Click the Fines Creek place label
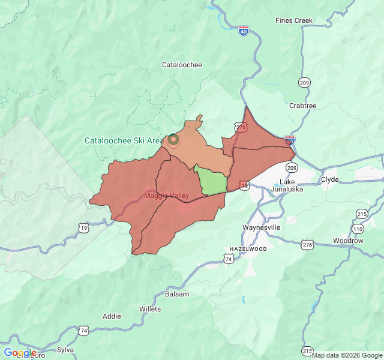pyautogui.click(x=294, y=20)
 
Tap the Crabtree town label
pyautogui.click(x=302, y=106)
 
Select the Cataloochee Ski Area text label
pyautogui.click(x=123, y=141)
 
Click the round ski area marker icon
pyautogui.click(x=173, y=140)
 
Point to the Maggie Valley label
pyautogui.click(x=166, y=196)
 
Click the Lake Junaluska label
pyautogui.click(x=287, y=185)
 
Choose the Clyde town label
pyautogui.click(x=329, y=179)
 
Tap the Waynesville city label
pyautogui.click(x=261, y=228)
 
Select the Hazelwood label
pyautogui.click(x=248, y=248)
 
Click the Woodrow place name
pyautogui.click(x=348, y=241)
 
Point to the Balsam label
pyautogui.click(x=177, y=294)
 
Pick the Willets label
pyautogui.click(x=150, y=309)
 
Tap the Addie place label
pyautogui.click(x=112, y=316)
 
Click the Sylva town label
pyautogui.click(x=65, y=349)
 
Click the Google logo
pyautogui.click(x=20, y=353)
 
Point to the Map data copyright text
pyautogui.click(x=347, y=355)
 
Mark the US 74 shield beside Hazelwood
pyautogui.click(x=228, y=259)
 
